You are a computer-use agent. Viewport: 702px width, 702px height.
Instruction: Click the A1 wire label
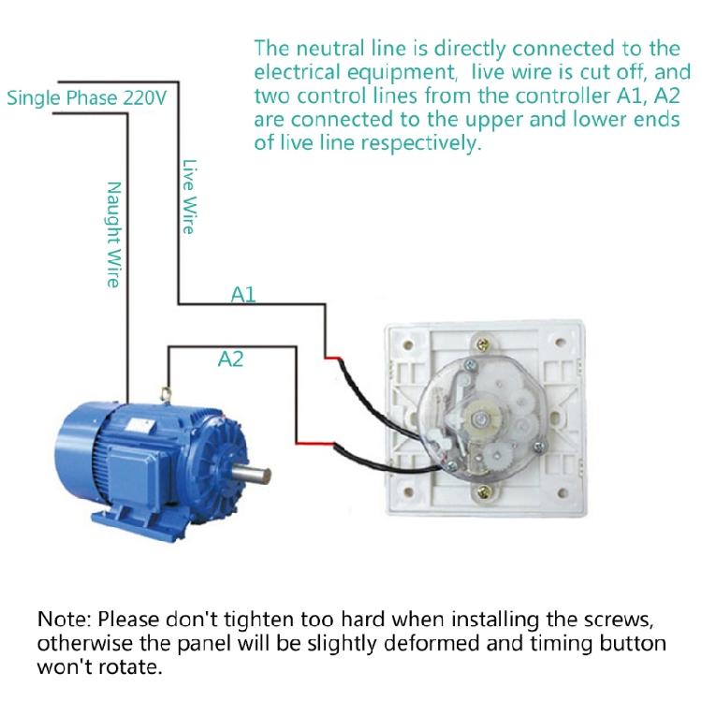(243, 295)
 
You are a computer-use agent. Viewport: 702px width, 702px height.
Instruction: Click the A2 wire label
(230, 358)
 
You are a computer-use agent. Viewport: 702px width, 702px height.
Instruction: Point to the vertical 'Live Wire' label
(188, 195)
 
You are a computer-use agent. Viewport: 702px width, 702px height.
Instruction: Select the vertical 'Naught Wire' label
(113, 234)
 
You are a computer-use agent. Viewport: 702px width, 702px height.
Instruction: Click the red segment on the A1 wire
(332, 357)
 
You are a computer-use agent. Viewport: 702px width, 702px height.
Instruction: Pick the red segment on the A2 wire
(310, 442)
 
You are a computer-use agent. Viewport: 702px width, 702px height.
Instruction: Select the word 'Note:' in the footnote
(65, 621)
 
